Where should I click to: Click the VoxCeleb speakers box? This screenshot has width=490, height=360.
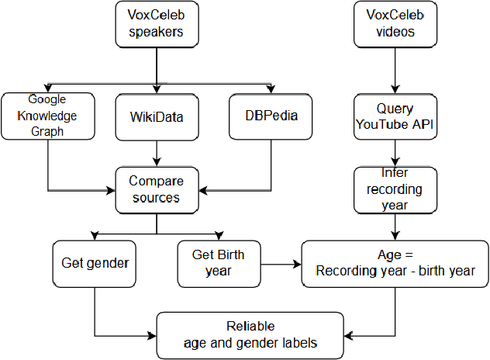tap(157, 23)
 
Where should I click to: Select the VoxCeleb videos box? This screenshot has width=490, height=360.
tap(396, 23)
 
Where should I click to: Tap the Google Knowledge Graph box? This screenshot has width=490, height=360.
tap(48, 115)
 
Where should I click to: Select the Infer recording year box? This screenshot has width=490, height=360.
tap(396, 189)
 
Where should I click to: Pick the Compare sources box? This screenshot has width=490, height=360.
tap(157, 189)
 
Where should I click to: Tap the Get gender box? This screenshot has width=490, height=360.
tap(95, 262)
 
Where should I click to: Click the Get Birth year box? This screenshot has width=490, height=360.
tap(219, 262)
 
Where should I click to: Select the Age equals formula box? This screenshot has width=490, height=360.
tap(395, 263)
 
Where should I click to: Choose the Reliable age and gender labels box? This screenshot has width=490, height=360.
tap(250, 334)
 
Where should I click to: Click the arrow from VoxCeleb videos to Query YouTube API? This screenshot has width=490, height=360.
tap(396, 70)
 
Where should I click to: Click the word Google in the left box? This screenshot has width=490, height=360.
tap(48, 99)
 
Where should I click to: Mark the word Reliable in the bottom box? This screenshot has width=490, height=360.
tap(250, 326)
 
